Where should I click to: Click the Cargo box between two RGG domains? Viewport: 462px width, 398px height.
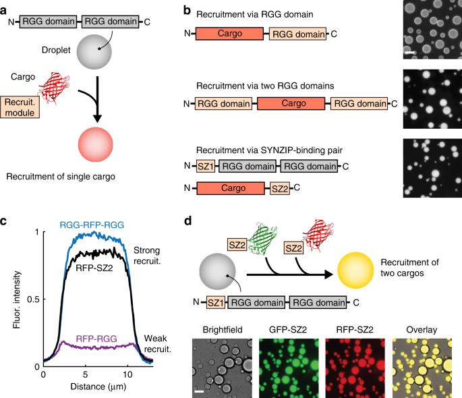coord(289,105)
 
